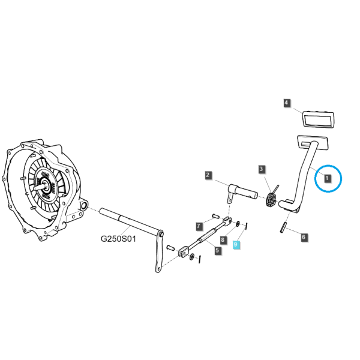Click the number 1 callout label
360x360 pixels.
click(x=327, y=178)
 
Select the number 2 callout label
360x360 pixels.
click(x=208, y=175)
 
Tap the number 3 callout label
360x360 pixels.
click(x=261, y=169)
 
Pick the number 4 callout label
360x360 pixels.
click(x=286, y=103)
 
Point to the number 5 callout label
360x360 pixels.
click(x=218, y=250)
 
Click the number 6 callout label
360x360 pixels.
click(x=304, y=237)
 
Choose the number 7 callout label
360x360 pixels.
click(x=199, y=226)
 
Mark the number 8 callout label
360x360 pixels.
click(x=223, y=240)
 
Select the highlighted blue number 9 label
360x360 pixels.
click(x=236, y=245)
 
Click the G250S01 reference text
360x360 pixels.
click(x=118, y=239)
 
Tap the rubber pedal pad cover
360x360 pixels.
click(x=318, y=119)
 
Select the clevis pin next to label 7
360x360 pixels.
click(x=216, y=216)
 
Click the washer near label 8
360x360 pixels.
click(x=238, y=224)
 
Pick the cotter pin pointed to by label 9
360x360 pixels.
click(x=246, y=226)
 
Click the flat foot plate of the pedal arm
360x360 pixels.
click(x=313, y=142)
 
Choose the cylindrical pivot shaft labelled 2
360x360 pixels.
click(x=242, y=192)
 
